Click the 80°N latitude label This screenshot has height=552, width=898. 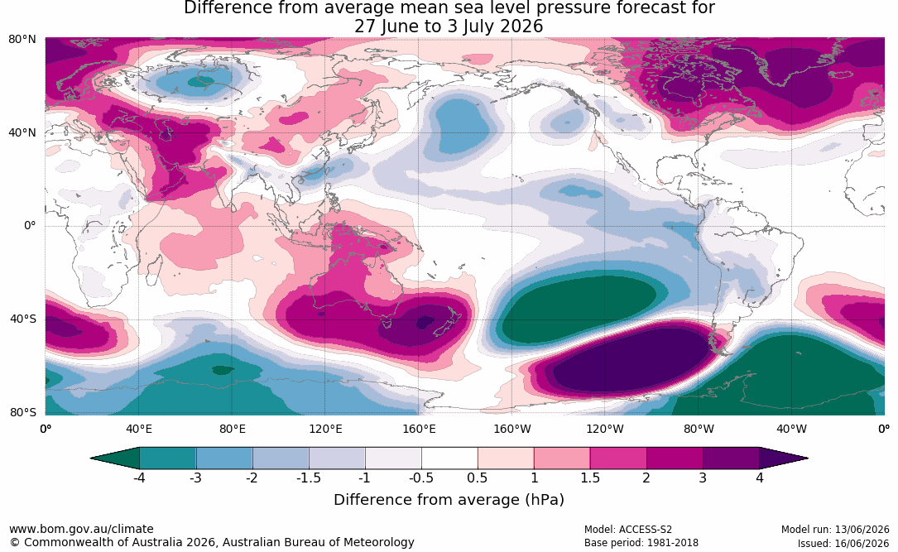(x=22, y=40)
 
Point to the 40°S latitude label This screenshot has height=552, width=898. (x=23, y=319)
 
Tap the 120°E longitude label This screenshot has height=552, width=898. (x=325, y=429)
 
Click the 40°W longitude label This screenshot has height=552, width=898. (x=791, y=429)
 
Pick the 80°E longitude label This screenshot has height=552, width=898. (x=232, y=429)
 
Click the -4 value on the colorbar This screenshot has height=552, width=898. (x=138, y=478)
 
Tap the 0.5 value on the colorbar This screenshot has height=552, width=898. (x=477, y=478)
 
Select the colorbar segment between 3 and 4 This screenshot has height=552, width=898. (x=732, y=458)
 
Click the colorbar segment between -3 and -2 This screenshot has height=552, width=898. (x=224, y=458)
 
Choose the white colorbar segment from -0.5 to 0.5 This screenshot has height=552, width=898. (x=449, y=458)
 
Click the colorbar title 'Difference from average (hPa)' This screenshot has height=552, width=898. (x=449, y=500)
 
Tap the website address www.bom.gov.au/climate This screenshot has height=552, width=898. (x=81, y=529)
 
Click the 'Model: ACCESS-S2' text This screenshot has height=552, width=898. (x=628, y=530)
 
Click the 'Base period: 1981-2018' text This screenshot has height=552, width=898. (x=641, y=543)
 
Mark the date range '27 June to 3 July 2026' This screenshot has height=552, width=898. (x=449, y=26)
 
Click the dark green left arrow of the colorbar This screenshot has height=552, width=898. (x=115, y=458)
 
